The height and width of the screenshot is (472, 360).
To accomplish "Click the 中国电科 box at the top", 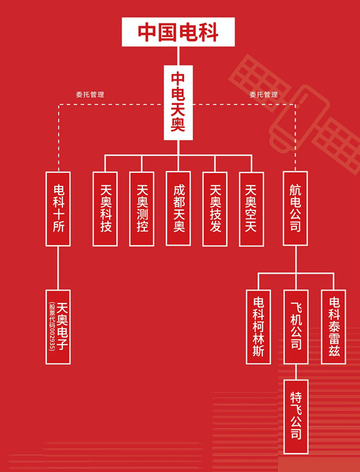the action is (178, 32).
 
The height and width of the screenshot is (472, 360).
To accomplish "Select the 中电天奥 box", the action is (178, 103).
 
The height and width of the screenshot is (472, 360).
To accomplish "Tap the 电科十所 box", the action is (58, 209).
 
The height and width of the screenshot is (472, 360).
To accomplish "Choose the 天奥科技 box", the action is (105, 209).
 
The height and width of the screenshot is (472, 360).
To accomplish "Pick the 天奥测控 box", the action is (142, 209).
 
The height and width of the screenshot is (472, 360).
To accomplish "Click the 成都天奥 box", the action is (178, 209).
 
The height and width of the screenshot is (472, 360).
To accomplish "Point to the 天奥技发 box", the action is (214, 209).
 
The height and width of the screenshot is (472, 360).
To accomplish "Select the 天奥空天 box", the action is (251, 209).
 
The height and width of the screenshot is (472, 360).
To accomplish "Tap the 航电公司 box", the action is (295, 208).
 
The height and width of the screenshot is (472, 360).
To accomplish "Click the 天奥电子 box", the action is (58, 327).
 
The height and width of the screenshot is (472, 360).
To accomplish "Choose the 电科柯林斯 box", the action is (259, 327).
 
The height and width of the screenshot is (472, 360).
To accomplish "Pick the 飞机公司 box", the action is (296, 327).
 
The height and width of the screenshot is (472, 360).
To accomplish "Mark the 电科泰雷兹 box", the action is (333, 327).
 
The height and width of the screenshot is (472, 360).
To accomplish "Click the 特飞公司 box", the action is (296, 417).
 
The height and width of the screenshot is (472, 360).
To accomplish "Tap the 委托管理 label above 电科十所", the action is (90, 94).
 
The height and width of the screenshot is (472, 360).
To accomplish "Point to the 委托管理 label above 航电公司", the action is (264, 94).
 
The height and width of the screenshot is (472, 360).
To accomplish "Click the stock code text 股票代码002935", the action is (52, 326).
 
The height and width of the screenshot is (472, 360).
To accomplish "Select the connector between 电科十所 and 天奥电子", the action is (58, 268).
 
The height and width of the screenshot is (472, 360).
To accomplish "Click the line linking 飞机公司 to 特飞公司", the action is (296, 372).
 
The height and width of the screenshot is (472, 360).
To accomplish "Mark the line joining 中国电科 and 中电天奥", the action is (178, 56).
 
